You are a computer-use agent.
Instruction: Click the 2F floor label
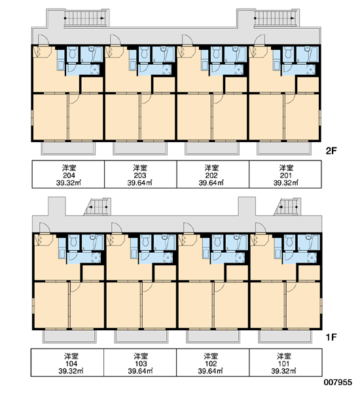pos(331,151)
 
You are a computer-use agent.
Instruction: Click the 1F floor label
pos(331,337)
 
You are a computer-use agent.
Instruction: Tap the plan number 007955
pos(338,383)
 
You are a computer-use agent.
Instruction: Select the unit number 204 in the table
pos(69,176)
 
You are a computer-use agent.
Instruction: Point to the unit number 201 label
pos(286,176)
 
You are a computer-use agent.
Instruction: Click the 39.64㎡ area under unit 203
pos(140,183)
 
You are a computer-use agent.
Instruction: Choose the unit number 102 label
pos(211,364)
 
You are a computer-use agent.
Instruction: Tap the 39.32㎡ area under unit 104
pos(71,371)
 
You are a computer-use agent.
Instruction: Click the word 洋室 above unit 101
pos(284,356)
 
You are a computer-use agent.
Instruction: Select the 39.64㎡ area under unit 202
pos(211,183)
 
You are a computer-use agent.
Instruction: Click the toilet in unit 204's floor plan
pos(72,52)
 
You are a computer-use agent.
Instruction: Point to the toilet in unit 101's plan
pos(289,241)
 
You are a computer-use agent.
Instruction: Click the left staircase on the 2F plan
pos(86,18)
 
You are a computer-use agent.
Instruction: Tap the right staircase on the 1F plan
pos(287,207)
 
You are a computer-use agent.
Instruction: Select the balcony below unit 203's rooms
pos(140,149)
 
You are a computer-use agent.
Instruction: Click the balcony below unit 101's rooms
pos(285,337)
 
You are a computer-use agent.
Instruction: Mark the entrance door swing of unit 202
pos(187,40)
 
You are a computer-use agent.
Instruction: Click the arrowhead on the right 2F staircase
pos(292,18)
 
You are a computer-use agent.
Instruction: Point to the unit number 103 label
pos(141,364)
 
